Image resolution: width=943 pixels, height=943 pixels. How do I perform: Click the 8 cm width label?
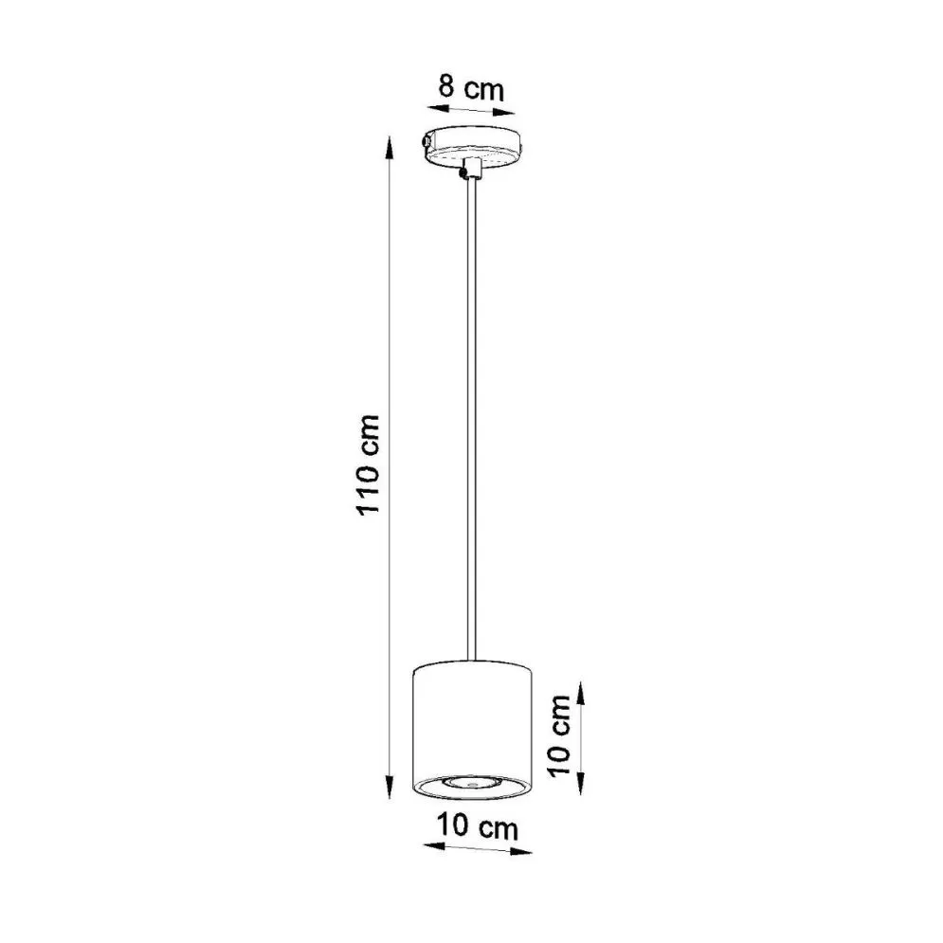[470, 88]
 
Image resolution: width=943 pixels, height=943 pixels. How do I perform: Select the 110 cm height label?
[367, 463]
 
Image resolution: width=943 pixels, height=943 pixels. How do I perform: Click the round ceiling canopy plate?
[473, 146]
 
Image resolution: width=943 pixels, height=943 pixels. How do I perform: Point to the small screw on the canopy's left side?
[426, 143]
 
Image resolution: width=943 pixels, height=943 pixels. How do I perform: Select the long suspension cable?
[470, 417]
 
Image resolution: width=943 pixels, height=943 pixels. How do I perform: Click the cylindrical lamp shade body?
[472, 720]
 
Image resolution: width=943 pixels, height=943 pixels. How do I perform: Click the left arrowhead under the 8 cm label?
[428, 108]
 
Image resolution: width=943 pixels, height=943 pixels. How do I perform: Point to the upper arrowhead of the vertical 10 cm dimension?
[580, 684]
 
